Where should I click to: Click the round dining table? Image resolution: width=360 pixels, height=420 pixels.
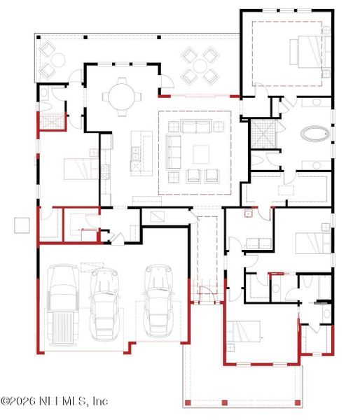(123, 96)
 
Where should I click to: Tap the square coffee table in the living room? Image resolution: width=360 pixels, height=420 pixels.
(201, 153)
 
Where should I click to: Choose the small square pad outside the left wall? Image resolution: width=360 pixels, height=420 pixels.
(22, 225)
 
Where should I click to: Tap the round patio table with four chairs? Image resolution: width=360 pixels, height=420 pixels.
(200, 65)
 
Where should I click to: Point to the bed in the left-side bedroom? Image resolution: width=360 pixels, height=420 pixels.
(80, 169)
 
